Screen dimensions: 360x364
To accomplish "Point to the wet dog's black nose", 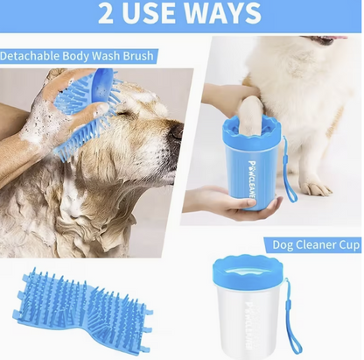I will [177, 132].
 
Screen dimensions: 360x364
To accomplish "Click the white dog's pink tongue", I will [337, 40].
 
